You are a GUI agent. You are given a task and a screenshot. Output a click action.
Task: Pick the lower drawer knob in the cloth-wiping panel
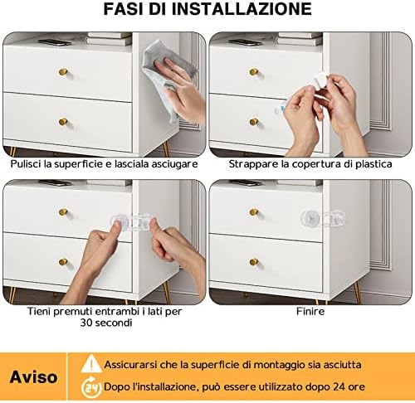pos(63,122)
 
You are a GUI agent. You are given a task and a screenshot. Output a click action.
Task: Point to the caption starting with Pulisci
pos(104,164)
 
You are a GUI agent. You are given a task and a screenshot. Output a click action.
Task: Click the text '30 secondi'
pos(104,324)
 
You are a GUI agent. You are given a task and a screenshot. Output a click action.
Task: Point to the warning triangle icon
pos(90,364)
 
